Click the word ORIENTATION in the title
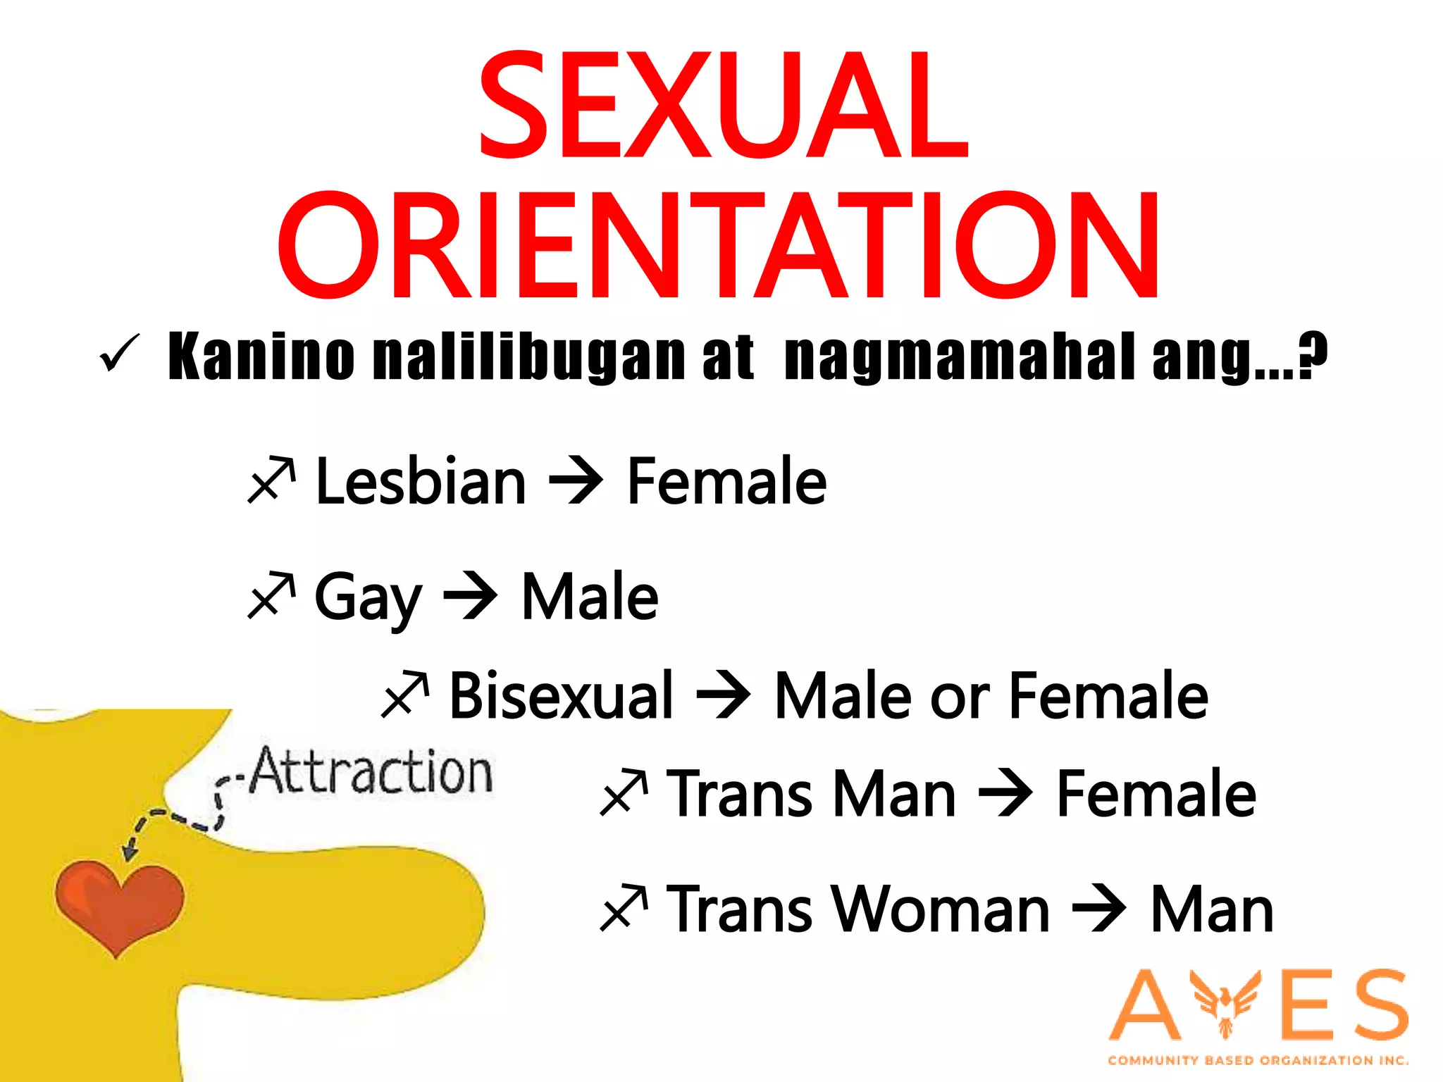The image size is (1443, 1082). (719, 247)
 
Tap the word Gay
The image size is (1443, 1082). (367, 597)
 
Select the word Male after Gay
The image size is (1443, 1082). (589, 597)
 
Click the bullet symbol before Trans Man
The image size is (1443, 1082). (624, 794)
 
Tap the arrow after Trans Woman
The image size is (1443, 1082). (1098, 909)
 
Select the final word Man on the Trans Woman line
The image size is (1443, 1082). (1212, 909)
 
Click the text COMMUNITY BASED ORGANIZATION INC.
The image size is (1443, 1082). (1258, 1060)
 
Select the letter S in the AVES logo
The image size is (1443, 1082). (1375, 1005)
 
